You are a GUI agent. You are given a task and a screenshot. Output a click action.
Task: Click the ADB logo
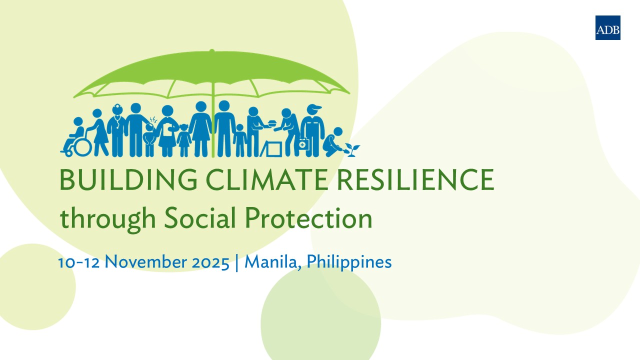click(607, 27)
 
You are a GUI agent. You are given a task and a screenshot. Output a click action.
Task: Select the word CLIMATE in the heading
click(266, 179)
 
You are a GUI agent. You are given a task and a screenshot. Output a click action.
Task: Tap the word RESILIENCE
click(415, 179)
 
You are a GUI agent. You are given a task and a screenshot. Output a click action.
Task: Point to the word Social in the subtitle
click(200, 218)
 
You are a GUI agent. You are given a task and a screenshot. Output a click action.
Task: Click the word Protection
click(309, 218)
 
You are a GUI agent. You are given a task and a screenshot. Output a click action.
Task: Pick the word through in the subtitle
click(107, 219)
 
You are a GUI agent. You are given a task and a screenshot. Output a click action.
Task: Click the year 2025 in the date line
click(210, 262)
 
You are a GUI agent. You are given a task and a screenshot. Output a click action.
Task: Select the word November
click(145, 261)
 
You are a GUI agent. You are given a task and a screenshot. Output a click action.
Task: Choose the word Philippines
click(349, 262)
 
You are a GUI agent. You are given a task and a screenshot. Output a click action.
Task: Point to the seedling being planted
click(352, 150)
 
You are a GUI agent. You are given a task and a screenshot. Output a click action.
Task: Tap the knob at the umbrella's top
click(211, 51)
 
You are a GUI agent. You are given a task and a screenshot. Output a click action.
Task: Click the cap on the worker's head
click(314, 107)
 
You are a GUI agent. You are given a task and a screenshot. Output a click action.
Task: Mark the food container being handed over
click(272, 123)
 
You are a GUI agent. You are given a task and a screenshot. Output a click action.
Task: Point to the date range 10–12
click(79, 262)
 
